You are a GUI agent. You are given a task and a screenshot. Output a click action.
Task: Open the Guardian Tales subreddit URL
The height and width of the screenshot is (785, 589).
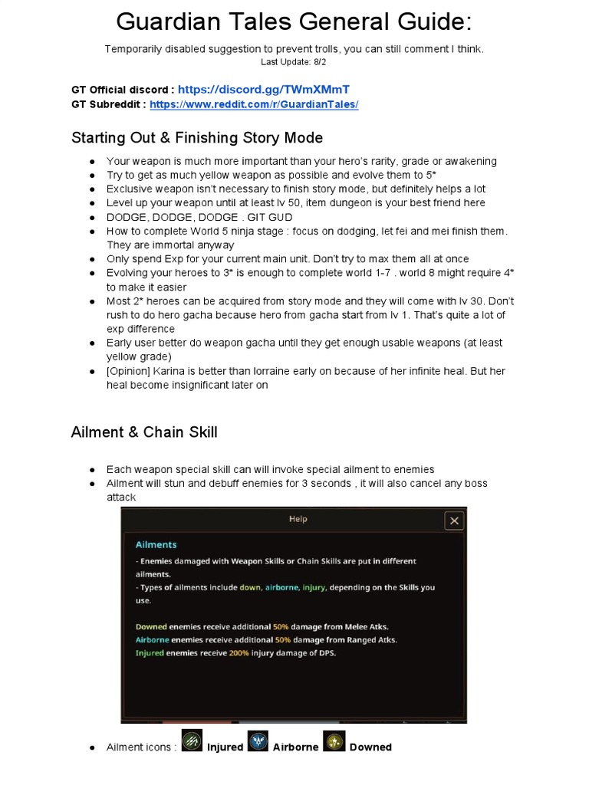point(254,104)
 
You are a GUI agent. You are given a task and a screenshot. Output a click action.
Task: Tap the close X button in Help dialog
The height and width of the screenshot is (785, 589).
point(454,521)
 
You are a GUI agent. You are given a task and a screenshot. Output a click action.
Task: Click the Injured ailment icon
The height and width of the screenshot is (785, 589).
point(192,741)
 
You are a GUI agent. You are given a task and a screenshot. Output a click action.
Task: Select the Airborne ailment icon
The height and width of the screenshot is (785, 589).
point(257,741)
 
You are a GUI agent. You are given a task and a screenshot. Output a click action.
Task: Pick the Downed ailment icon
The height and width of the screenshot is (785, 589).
point(334,741)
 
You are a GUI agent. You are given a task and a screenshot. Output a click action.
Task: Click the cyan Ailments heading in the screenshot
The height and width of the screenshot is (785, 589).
point(156,544)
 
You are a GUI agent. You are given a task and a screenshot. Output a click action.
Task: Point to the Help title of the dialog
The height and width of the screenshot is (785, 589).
point(298,519)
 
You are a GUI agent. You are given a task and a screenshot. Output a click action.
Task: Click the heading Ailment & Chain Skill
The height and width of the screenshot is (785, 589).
point(144,432)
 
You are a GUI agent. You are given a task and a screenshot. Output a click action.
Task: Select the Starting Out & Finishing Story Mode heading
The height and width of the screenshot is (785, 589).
point(197,138)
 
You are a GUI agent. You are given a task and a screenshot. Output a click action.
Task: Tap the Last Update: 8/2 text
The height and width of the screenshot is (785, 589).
point(294,61)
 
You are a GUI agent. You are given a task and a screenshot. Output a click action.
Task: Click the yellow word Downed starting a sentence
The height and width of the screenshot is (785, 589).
point(151,626)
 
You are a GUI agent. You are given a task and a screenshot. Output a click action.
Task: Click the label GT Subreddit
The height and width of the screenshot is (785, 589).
point(108,104)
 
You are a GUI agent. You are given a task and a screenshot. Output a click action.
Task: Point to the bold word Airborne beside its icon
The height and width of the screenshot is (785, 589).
point(295,747)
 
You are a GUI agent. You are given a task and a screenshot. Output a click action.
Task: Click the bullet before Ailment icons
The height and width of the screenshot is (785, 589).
point(92,747)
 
